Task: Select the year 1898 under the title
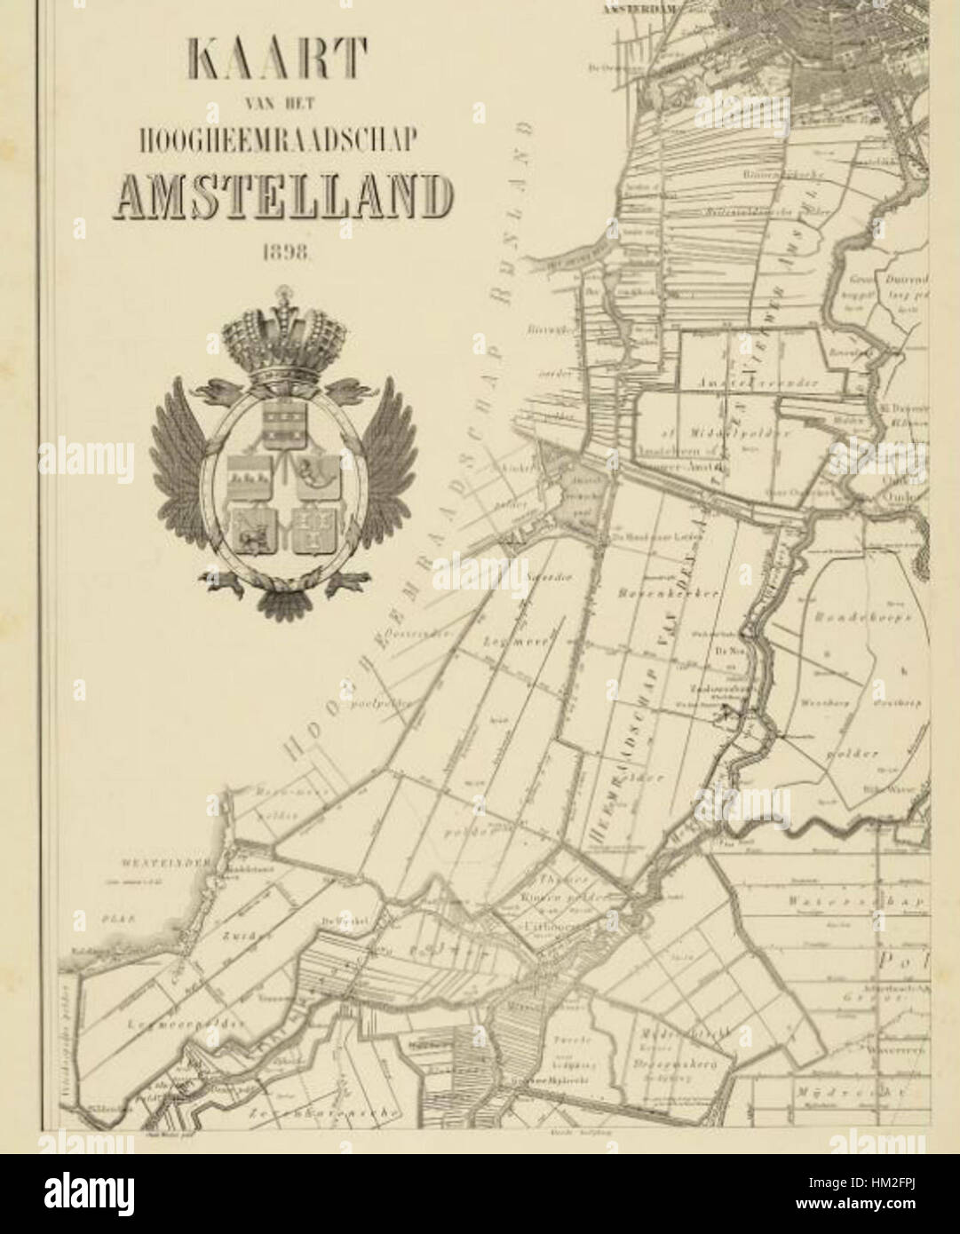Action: [x=284, y=252]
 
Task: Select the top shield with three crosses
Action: [x=284, y=421]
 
